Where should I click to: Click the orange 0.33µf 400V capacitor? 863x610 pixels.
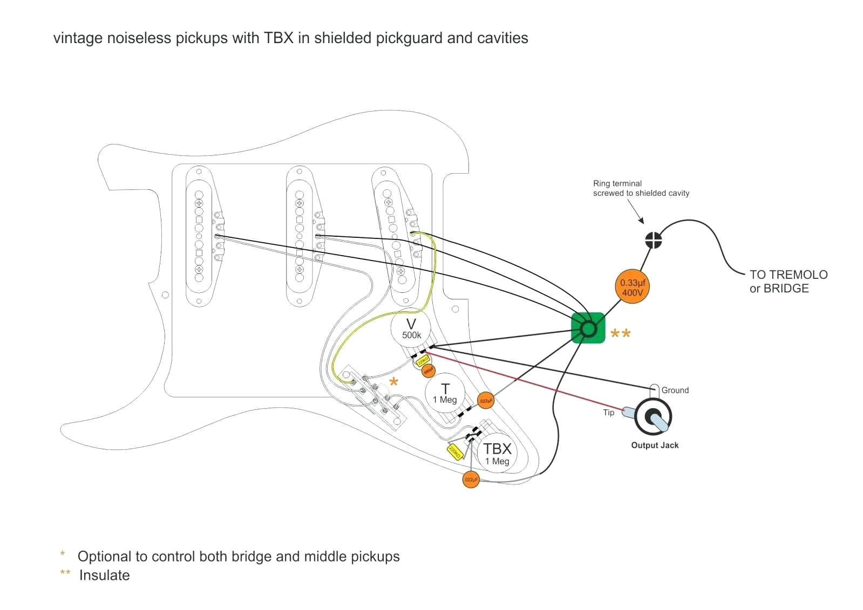632,287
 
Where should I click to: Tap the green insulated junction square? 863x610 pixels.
588,328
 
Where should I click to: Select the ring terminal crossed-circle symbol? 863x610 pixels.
654,240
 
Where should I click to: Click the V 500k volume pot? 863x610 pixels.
411,328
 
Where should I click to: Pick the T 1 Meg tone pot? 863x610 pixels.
445,393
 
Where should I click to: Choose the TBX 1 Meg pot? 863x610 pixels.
497,454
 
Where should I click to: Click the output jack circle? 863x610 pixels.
653,417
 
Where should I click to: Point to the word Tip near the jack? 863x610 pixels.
608,413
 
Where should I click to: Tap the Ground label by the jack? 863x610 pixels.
675,390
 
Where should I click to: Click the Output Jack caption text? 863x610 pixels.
655,445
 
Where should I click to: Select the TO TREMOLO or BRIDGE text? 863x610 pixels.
788,282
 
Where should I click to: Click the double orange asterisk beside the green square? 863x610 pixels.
620,334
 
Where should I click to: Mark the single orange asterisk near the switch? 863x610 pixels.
394,382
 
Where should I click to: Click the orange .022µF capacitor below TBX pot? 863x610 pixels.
471,479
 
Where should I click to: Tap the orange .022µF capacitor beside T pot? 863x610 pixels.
485,401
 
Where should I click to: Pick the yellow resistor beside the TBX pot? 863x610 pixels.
455,452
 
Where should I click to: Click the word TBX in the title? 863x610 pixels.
278,38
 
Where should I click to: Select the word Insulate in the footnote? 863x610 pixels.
104,575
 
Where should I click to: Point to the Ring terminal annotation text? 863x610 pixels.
641,188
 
